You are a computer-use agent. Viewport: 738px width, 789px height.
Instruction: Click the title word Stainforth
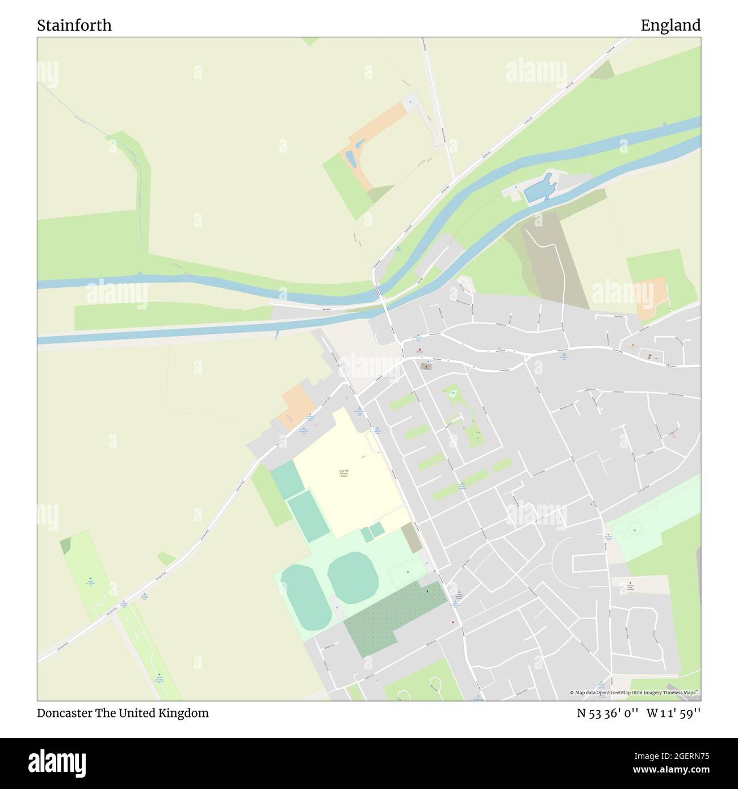tap(74, 26)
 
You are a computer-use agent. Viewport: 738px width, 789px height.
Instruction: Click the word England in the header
tap(670, 26)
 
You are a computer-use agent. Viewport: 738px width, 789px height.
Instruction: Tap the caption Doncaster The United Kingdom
tap(123, 713)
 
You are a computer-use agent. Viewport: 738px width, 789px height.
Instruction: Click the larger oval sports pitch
tap(353, 577)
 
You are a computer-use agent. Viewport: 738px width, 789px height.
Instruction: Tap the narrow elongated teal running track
tap(303, 598)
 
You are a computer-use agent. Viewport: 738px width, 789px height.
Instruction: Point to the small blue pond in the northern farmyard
tap(351, 158)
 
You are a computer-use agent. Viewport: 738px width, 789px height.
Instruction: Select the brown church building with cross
tap(426, 367)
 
